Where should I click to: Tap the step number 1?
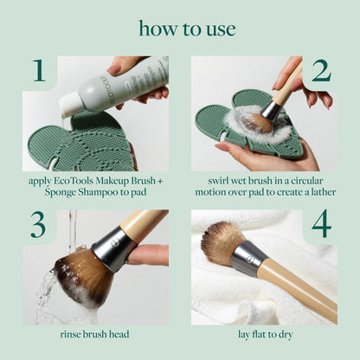pos(37,71)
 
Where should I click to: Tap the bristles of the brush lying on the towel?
pos(223,243)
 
